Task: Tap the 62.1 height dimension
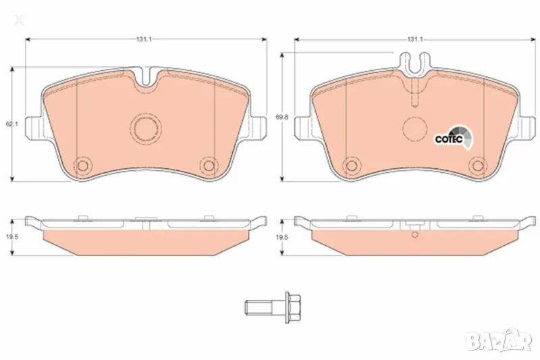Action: click(x=9, y=124)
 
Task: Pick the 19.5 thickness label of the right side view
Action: click(x=283, y=238)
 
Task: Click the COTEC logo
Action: click(x=452, y=138)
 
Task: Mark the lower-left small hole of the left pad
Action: click(x=83, y=164)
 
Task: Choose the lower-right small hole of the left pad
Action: click(x=209, y=164)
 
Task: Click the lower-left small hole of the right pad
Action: click(x=351, y=165)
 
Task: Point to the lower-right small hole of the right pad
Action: click(x=479, y=165)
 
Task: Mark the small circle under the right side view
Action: click(x=415, y=235)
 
